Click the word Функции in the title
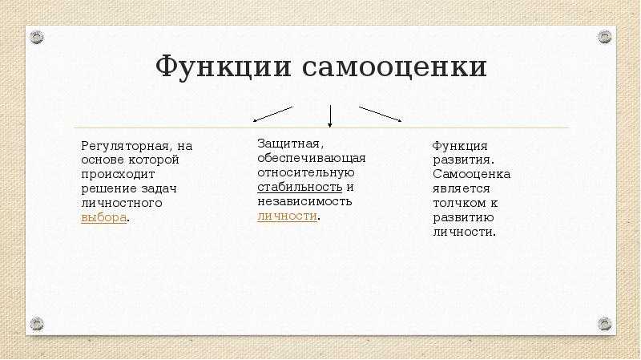[x=224, y=67]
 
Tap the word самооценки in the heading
[x=394, y=67]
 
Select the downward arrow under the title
[x=330, y=116]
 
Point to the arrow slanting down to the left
[x=272, y=114]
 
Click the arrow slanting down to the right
[x=380, y=114]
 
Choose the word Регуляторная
[x=126, y=147]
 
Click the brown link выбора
[x=103, y=217]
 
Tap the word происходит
[x=118, y=175]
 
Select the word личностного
[x=122, y=203]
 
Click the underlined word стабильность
[x=300, y=187]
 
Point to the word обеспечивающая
[x=312, y=158]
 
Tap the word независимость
[x=304, y=201]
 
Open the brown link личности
[x=287, y=216]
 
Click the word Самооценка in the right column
[x=471, y=174]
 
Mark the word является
[x=462, y=189]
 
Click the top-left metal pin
[x=36, y=37]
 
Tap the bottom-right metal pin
[x=605, y=324]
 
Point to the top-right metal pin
[x=605, y=37]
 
